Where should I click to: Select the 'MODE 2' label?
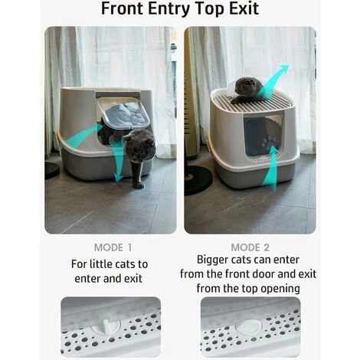[250, 247]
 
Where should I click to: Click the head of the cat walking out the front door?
[140, 142]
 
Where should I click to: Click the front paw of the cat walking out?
[139, 185]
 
